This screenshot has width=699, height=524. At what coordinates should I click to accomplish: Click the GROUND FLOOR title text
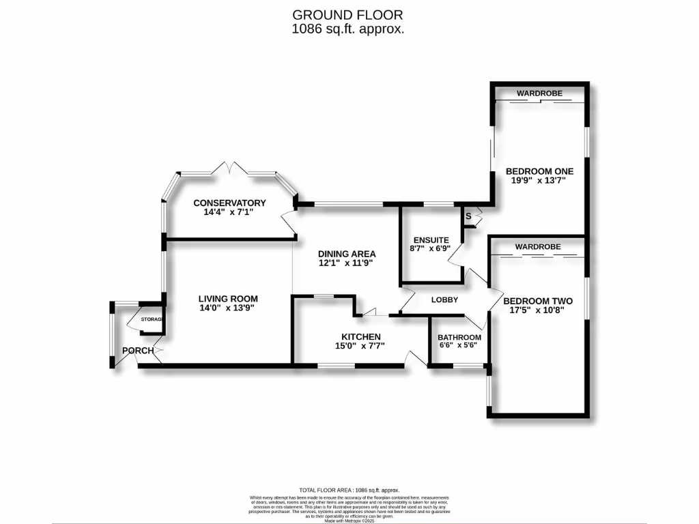(x=347, y=14)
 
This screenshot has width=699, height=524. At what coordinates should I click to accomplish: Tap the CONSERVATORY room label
(x=229, y=203)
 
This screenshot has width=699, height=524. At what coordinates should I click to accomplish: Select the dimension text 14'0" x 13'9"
(x=228, y=308)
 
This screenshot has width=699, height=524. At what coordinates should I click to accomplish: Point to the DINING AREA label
(x=347, y=254)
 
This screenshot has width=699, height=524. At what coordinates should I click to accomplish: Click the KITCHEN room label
(x=361, y=336)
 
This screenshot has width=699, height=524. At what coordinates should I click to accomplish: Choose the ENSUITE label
(x=431, y=239)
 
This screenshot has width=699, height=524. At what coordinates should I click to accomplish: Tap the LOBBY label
(x=444, y=300)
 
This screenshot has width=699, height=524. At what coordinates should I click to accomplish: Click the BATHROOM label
(x=459, y=337)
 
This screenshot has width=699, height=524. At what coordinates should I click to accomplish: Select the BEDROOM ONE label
(x=539, y=171)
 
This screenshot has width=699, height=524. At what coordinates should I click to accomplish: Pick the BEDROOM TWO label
(x=538, y=301)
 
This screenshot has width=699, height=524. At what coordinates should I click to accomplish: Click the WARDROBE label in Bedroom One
(x=539, y=93)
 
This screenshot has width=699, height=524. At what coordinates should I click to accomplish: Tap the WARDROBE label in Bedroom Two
(x=538, y=246)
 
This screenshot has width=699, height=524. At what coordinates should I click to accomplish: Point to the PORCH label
(x=137, y=351)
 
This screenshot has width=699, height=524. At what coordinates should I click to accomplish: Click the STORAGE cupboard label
(x=152, y=319)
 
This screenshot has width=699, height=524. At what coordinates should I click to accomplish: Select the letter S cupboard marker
(x=468, y=216)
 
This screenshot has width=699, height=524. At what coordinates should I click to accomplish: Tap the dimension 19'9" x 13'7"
(x=539, y=181)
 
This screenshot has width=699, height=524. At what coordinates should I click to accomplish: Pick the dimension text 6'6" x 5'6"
(x=459, y=346)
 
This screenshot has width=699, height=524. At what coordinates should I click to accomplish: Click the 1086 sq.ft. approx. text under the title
(x=347, y=29)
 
